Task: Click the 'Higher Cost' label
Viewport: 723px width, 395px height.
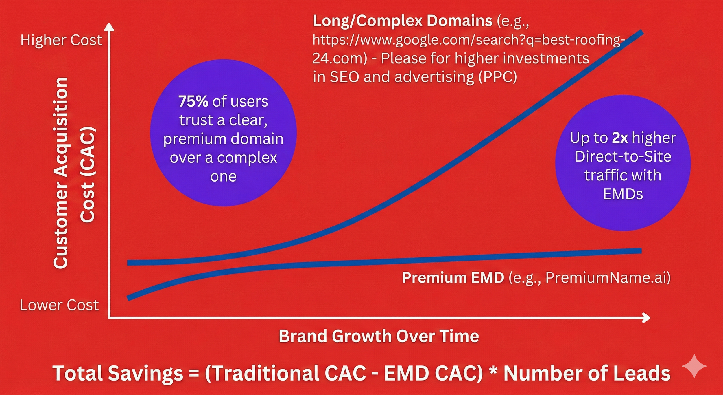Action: [61, 40]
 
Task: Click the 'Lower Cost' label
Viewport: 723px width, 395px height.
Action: [59, 305]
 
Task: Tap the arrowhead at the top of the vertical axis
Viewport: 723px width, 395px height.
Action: [109, 27]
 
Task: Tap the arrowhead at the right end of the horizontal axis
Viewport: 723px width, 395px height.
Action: [647, 318]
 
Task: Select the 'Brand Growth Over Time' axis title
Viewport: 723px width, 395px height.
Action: [379, 336]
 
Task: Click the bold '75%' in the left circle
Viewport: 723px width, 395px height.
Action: [193, 101]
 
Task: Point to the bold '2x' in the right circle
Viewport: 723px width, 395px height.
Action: [619, 138]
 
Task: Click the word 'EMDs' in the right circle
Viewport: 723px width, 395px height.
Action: [623, 194]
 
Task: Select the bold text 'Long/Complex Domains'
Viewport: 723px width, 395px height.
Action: [402, 21]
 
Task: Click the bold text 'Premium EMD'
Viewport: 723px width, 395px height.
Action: [453, 278]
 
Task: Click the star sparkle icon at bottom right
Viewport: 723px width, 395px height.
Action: [694, 366]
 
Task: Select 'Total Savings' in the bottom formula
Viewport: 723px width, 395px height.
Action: [117, 373]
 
